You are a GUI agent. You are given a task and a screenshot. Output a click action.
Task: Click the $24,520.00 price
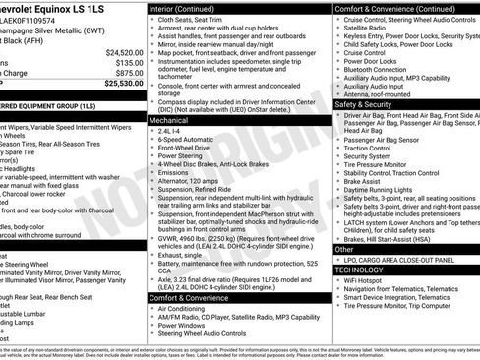(122, 51)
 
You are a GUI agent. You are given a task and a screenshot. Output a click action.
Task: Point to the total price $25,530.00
(122, 84)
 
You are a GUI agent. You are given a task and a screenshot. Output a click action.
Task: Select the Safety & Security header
(363, 103)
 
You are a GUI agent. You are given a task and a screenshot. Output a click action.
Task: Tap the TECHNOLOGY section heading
(359, 269)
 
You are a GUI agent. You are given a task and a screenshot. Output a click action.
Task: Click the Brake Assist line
(363, 180)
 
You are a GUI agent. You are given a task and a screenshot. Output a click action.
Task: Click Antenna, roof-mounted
(379, 93)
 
